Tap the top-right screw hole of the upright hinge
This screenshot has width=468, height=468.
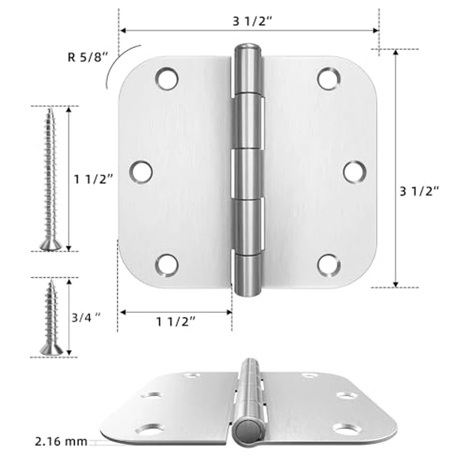click(x=328, y=79)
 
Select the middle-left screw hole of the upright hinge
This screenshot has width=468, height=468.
click(x=140, y=172)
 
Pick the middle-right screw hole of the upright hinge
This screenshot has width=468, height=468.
click(x=354, y=172)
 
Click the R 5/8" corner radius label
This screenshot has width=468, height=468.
click(x=85, y=56)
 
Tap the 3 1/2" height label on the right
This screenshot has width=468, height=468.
click(x=419, y=191)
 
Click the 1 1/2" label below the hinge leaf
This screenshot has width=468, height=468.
click(x=176, y=321)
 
